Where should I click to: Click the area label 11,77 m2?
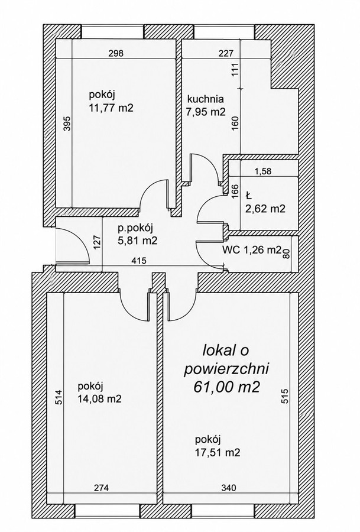point(111,108)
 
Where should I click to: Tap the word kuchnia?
point(206,99)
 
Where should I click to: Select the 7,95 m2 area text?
point(206,112)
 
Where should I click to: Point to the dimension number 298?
point(115,53)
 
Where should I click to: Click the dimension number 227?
point(226,53)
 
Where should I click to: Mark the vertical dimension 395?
point(67,124)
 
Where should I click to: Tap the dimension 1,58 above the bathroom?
point(263,171)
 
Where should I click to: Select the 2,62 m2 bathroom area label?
point(265,208)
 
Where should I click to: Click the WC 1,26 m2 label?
point(252,250)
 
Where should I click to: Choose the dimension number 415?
point(139,261)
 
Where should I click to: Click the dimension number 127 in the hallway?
point(97,243)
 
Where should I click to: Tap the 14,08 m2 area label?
point(99,398)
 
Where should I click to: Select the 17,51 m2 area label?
point(218,452)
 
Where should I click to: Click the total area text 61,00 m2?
point(226,387)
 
